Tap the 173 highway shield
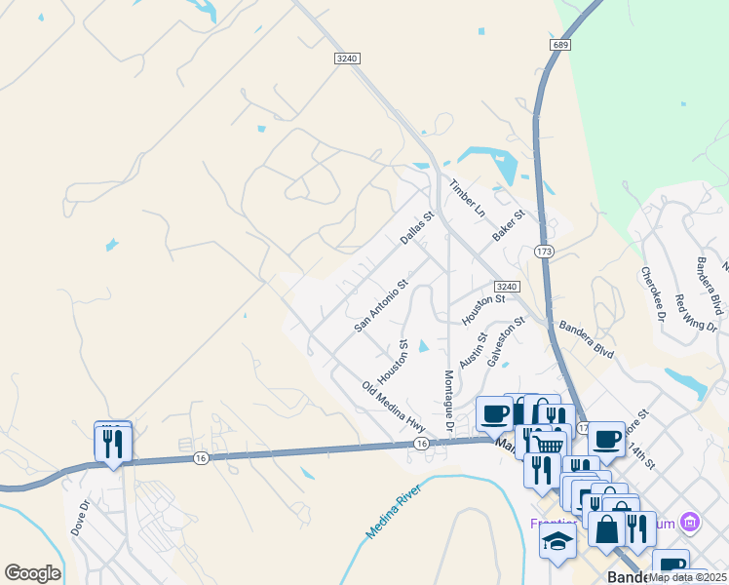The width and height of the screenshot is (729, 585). (544, 252)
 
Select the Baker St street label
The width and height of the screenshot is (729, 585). (509, 226)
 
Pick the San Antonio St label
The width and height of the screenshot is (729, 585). (380, 308)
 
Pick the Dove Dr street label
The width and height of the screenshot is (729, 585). (80, 518)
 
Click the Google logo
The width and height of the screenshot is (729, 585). (32, 573)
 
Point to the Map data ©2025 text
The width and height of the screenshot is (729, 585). (687, 577)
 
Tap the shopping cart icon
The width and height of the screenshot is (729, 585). (549, 445)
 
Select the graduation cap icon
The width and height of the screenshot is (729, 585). (557, 544)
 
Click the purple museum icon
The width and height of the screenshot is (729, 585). (690, 523)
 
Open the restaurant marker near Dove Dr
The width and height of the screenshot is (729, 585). (113, 444)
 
